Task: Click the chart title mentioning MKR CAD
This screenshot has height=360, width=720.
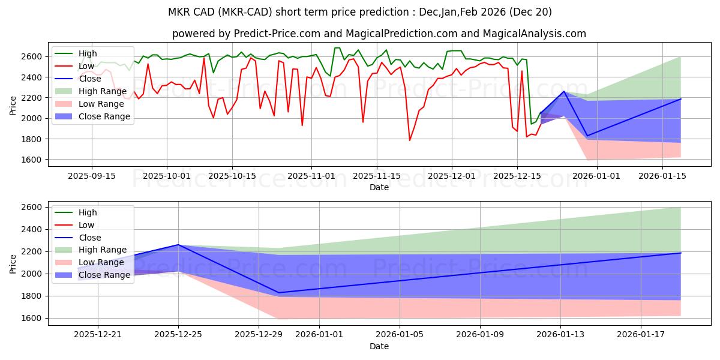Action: tap(360, 12)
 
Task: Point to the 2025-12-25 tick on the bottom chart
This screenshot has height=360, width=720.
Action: tap(178, 334)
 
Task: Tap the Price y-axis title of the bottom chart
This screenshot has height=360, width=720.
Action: tap(13, 263)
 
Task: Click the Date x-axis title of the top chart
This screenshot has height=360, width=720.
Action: tap(379, 187)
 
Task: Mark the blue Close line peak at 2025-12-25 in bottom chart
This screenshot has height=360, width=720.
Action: tap(178, 244)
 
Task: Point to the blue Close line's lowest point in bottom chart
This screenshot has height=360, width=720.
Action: tap(278, 293)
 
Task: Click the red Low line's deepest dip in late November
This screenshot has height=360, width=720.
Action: tap(410, 140)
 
